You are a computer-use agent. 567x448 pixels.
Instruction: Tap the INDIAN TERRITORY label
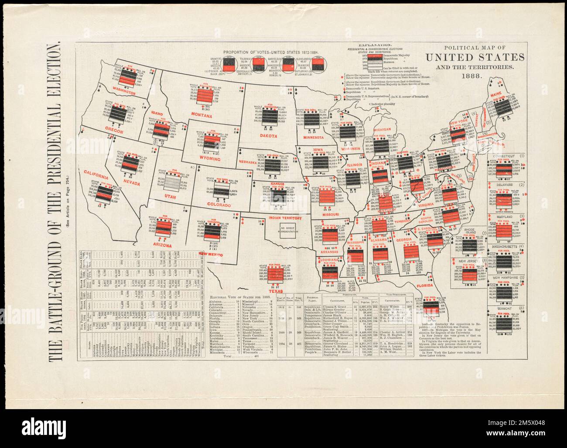click(285, 218)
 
